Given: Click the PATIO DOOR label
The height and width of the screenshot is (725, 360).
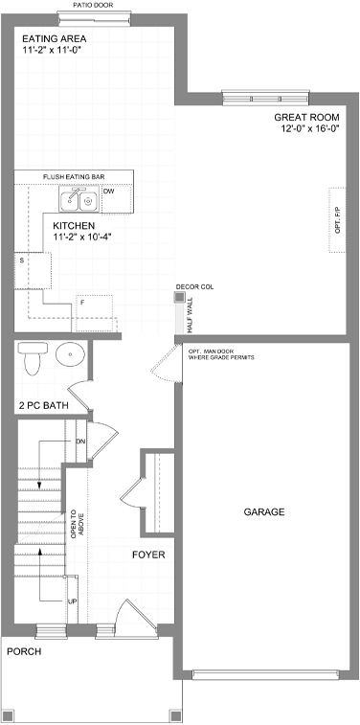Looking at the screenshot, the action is click(93, 6).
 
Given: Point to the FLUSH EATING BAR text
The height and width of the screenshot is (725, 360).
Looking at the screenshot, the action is click(74, 177).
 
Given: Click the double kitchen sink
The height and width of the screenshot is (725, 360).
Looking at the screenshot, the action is click(79, 199).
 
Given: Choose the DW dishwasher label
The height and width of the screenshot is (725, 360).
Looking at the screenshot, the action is click(108, 191).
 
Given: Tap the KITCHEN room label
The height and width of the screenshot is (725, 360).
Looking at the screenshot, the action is click(74, 226).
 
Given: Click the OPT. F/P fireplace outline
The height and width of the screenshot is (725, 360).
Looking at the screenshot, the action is click(337, 220).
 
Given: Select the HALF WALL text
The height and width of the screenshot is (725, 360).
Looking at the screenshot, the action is click(190, 316).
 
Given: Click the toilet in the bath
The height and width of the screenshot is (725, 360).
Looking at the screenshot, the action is click(32, 357).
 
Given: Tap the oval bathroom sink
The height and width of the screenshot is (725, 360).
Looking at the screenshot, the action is click(70, 354).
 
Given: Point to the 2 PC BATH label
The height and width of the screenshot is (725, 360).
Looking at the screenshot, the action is click(44, 406).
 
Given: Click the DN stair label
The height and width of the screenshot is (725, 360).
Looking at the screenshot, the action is click(80, 442).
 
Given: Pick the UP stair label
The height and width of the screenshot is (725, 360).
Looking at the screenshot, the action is click(72, 601).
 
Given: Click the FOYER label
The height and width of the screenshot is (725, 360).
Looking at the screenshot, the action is click(148, 555).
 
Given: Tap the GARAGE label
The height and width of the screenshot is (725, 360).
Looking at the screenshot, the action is click(264, 512).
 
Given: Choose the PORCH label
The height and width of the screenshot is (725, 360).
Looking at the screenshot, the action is click(24, 652).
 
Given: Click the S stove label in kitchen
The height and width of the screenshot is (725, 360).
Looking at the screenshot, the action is click(21, 261).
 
